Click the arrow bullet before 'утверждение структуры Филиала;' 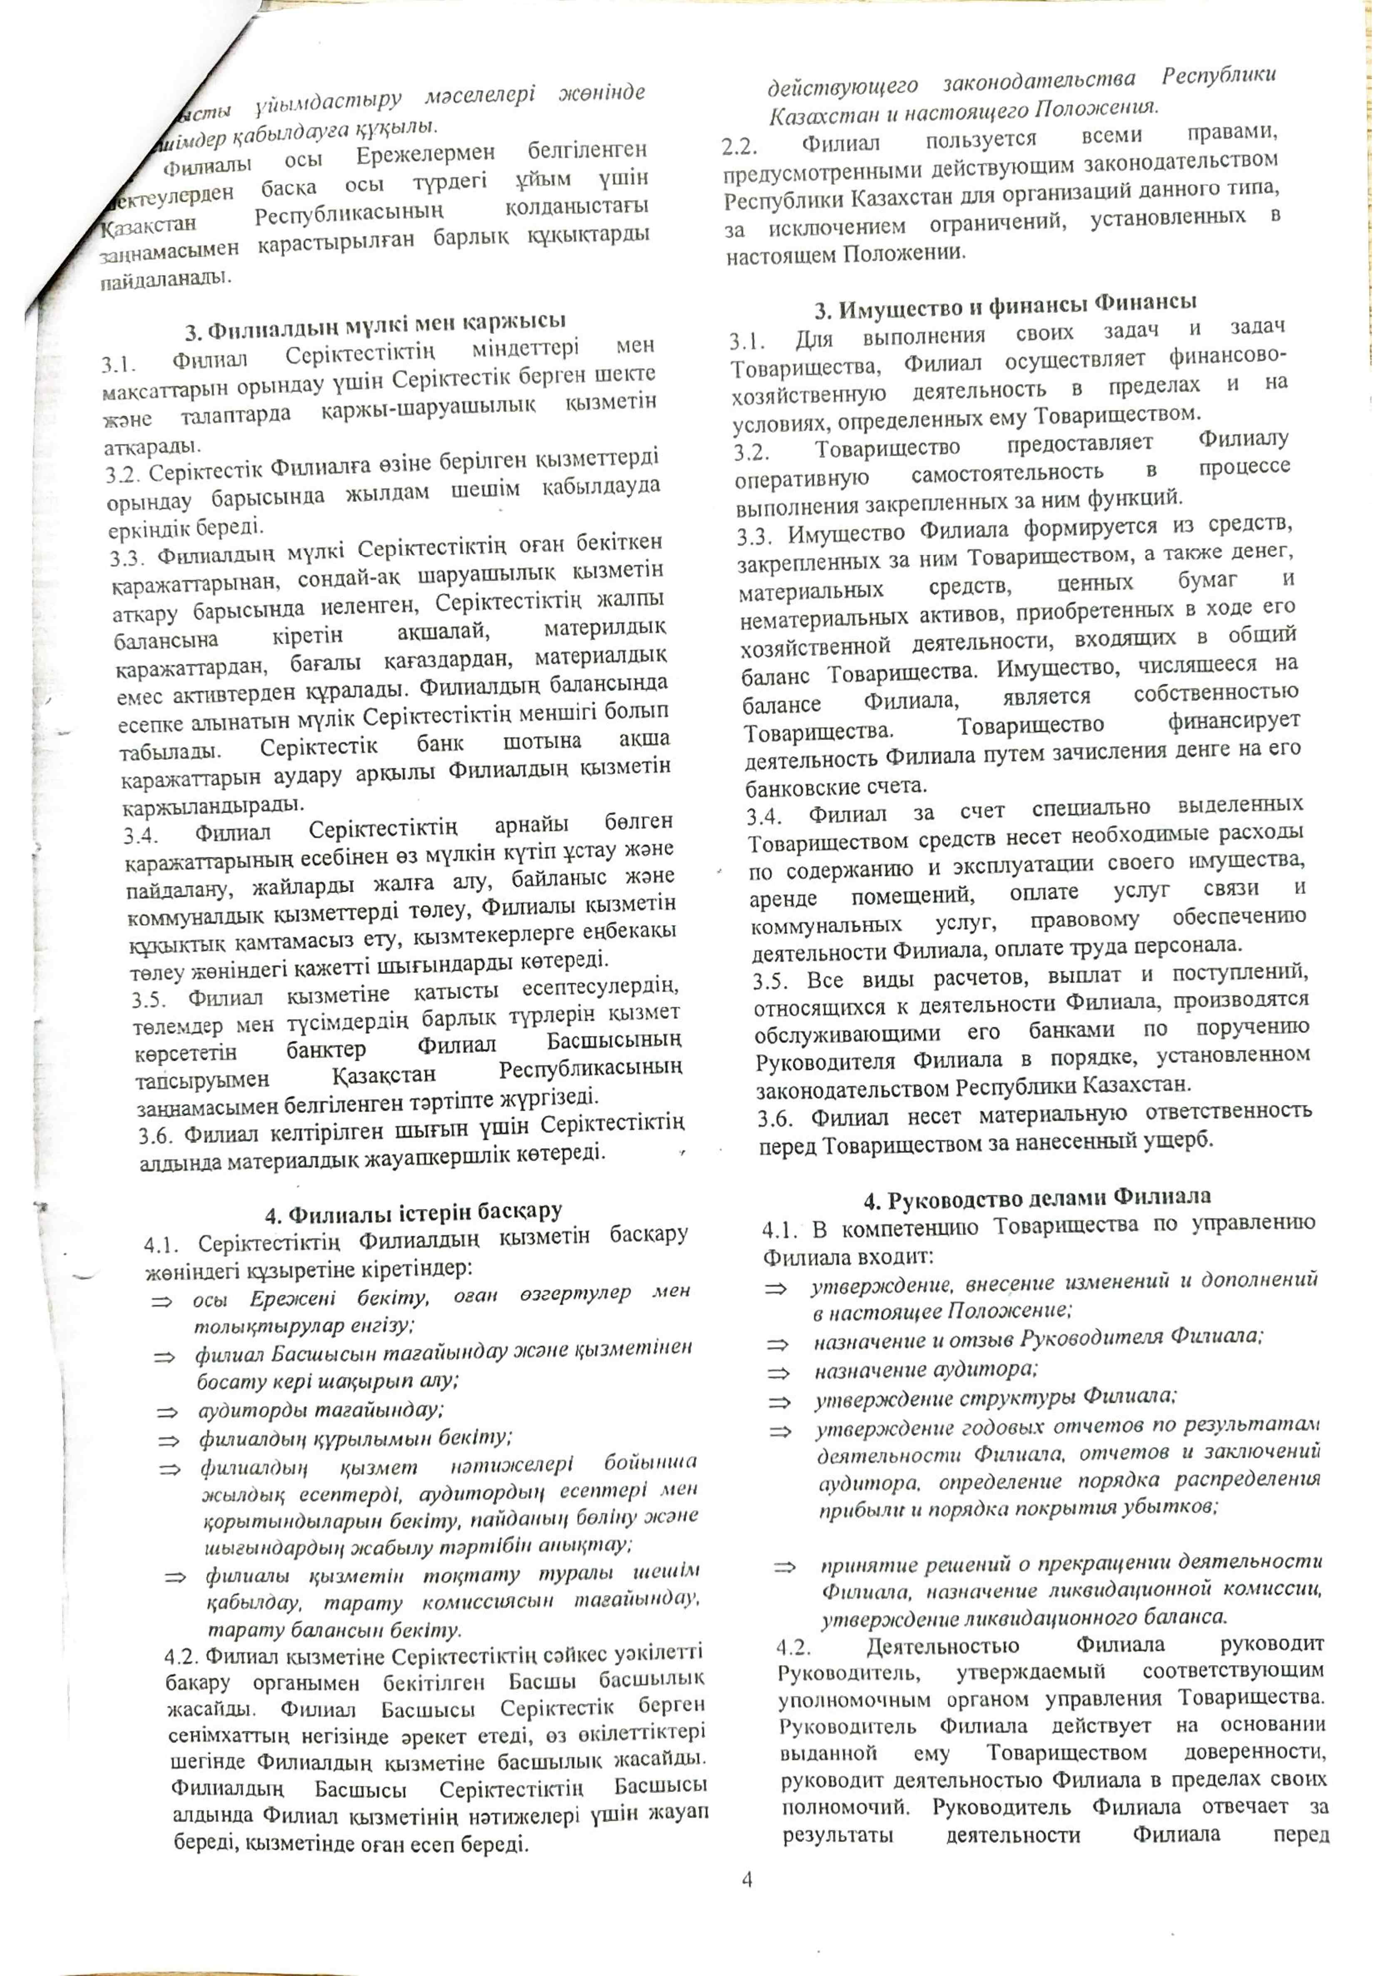[x=779, y=1402]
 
